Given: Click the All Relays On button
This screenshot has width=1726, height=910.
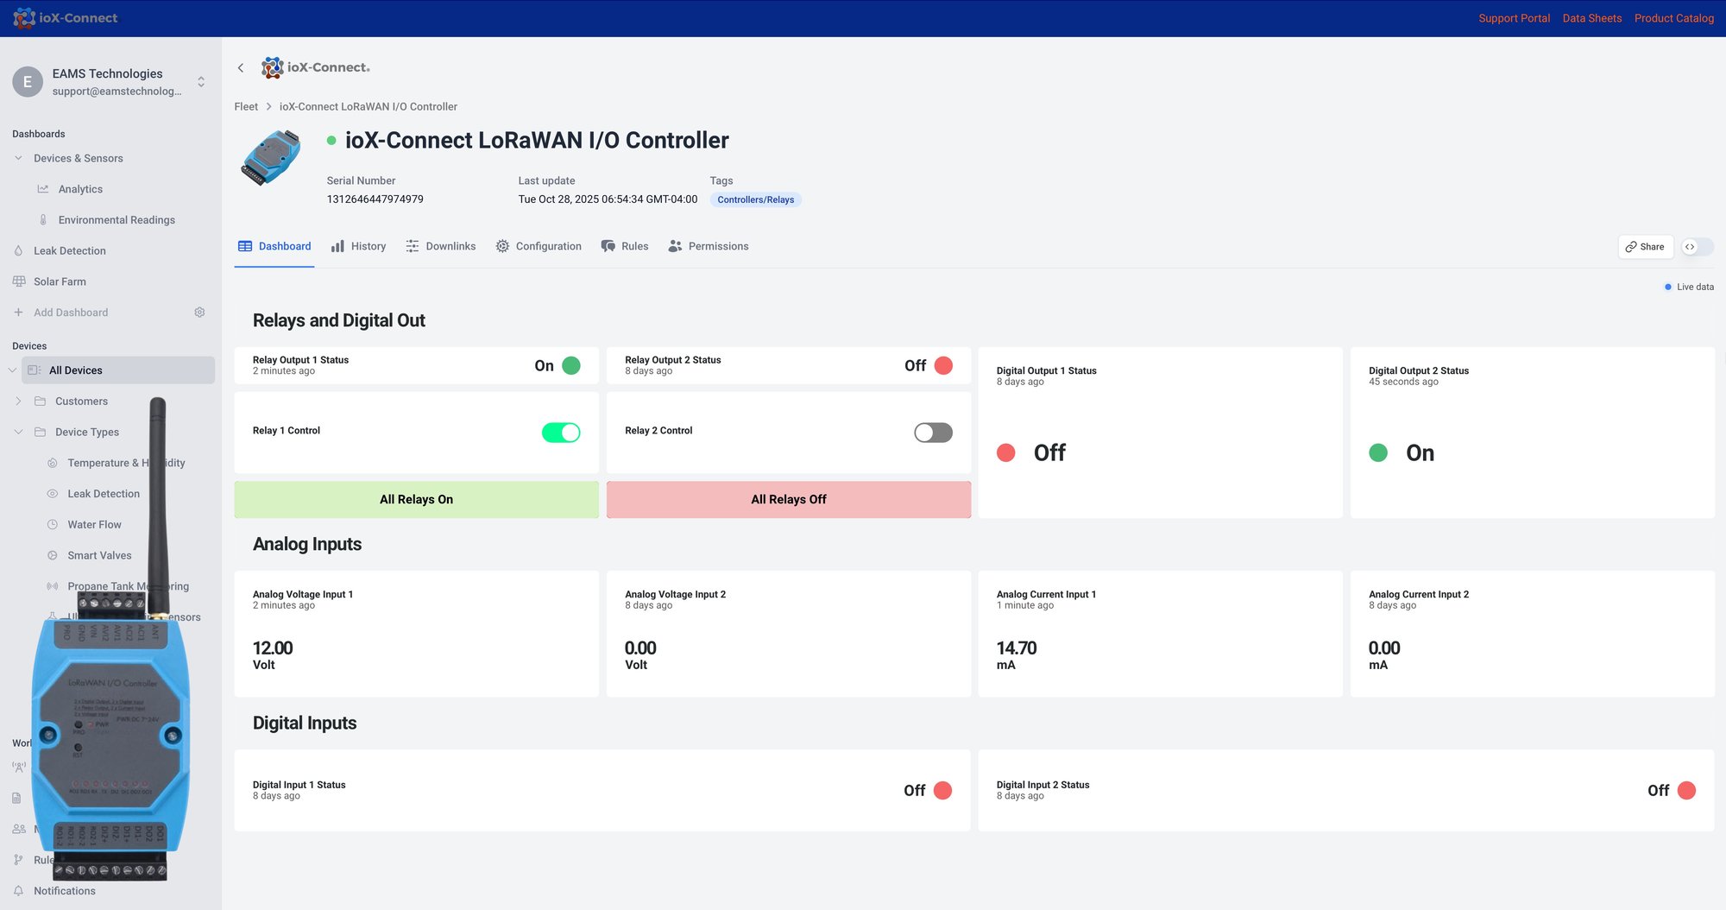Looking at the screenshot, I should point(416,500).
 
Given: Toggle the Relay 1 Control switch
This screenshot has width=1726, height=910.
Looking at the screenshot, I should point(561,433).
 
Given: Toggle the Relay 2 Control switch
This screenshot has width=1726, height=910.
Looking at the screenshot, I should point(933,433).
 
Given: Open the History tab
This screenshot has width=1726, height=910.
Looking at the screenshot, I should point(359,247).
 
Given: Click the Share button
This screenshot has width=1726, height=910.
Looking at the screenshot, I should point(1645,247).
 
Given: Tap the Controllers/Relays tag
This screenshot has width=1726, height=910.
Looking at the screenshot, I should point(755,200).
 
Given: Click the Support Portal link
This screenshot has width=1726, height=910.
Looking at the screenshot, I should point(1514,18).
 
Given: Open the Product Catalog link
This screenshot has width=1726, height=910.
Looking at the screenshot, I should point(1673,18).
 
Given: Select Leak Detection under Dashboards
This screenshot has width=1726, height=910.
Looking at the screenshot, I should point(70,251).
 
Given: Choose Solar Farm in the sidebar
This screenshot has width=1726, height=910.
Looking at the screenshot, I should point(60,282).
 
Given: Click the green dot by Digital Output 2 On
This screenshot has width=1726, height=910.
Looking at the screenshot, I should point(1378,453).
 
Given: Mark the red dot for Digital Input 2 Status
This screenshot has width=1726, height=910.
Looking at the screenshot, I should point(1686,791).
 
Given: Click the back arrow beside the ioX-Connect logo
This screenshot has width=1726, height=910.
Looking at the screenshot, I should point(241,68).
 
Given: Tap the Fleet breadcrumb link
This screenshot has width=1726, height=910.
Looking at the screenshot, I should point(246,107).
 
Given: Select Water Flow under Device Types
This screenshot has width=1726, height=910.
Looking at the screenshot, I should point(94,525).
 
